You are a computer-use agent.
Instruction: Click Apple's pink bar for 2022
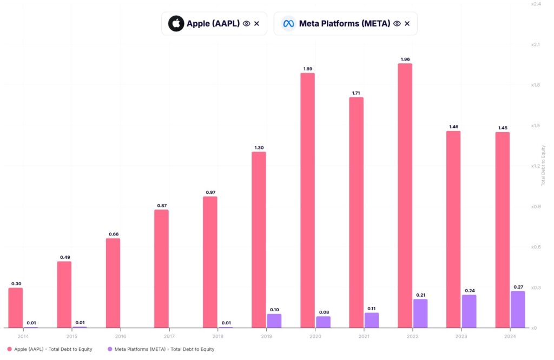click(405, 195)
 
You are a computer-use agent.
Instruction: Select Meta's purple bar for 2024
click(518, 309)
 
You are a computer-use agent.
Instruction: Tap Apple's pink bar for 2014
click(16, 307)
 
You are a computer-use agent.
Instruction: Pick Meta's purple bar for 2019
click(274, 320)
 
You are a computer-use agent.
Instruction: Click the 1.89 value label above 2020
click(307, 69)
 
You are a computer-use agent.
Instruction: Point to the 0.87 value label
click(161, 206)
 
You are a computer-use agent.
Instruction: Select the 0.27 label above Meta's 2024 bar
click(518, 287)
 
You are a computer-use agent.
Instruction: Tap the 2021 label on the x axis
click(364, 336)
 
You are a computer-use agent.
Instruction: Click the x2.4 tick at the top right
click(536, 4)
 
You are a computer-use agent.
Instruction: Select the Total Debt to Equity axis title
click(543, 165)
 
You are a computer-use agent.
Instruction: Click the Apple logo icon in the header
click(176, 24)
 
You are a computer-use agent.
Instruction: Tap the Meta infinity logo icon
click(288, 24)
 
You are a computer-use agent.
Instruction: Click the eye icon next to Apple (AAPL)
click(246, 24)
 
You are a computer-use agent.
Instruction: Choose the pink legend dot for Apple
click(9, 349)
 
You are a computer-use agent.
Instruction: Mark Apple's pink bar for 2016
click(113, 283)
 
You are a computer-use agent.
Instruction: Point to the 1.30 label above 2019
click(259, 148)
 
